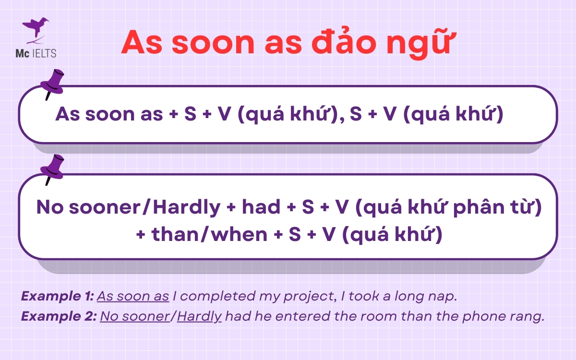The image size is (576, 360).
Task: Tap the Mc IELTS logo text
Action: click(x=39, y=53)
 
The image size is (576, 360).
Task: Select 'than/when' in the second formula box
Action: click(x=209, y=235)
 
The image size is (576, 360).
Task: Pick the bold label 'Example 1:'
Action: click(x=58, y=296)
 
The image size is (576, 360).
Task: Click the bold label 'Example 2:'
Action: click(x=59, y=317)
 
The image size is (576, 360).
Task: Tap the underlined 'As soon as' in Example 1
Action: click(x=133, y=296)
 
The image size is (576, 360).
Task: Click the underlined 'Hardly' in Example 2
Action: click(x=199, y=317)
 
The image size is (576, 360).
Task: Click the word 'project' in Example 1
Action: click(x=308, y=297)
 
